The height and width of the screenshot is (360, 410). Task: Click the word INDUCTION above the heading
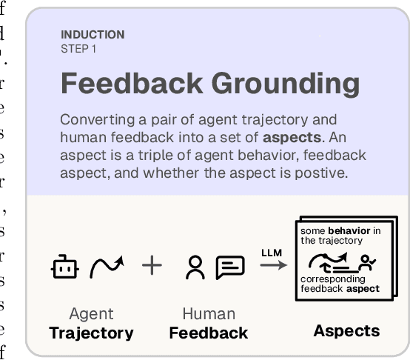pyautogui.click(x=93, y=35)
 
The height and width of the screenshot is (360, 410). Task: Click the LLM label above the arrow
pyautogui.click(x=272, y=253)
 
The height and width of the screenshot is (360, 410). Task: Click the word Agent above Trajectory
pyautogui.click(x=91, y=314)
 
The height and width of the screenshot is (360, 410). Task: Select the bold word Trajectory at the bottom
pyautogui.click(x=91, y=333)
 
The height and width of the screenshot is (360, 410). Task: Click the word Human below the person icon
pyautogui.click(x=209, y=314)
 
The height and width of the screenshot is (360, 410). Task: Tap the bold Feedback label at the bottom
pyautogui.click(x=209, y=333)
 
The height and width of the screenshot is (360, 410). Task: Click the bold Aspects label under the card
pyautogui.click(x=346, y=330)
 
